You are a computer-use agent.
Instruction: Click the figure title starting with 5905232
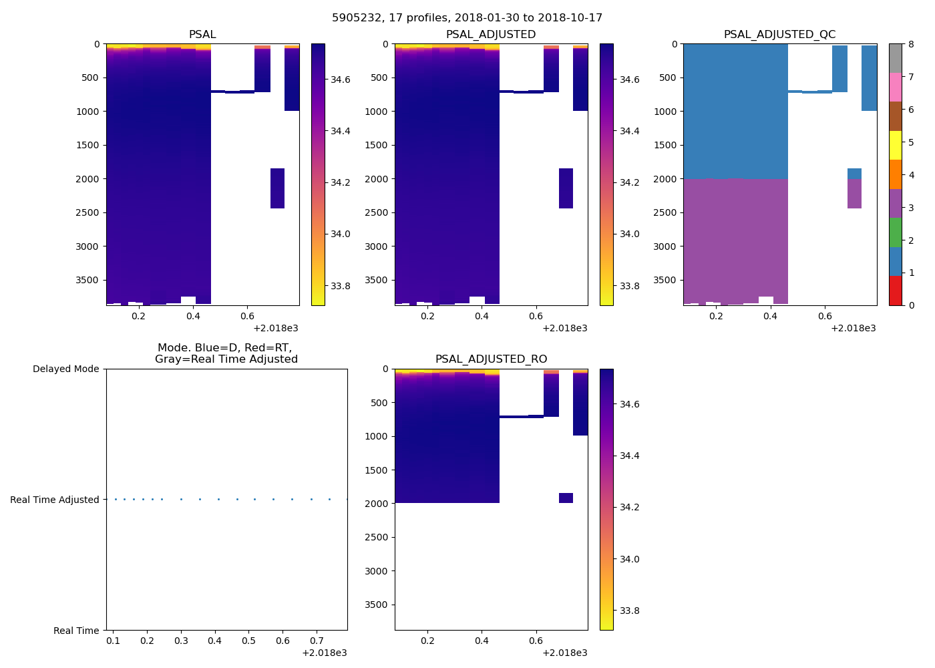[x=467, y=18]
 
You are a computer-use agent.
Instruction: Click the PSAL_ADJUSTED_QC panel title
[x=779, y=35]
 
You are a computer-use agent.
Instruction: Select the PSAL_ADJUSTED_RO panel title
[x=491, y=359]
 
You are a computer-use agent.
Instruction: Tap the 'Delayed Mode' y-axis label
[x=65, y=369]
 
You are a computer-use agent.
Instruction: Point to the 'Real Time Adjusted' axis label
[x=55, y=500]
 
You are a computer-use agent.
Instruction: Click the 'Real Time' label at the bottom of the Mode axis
[x=76, y=631]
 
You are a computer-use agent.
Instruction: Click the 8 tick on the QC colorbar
[x=910, y=44]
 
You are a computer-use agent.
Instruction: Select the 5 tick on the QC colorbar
[x=910, y=142]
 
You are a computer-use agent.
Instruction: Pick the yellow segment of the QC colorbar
[x=896, y=145]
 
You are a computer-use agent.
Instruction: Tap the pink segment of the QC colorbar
[x=896, y=88]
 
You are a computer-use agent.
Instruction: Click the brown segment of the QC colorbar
[x=896, y=116]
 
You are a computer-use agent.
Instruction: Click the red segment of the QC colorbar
[x=896, y=291]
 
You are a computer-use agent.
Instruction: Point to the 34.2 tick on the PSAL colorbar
[x=341, y=182]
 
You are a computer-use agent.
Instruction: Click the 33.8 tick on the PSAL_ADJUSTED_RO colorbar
[x=629, y=611]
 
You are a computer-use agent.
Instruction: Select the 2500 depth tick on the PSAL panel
[x=89, y=212]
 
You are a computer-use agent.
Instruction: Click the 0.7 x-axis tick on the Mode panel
[x=317, y=641]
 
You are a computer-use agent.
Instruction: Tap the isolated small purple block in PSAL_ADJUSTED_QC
[x=854, y=194]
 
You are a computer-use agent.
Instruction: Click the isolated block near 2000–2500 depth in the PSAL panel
[x=277, y=188]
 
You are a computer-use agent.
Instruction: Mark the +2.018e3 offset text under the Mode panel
[x=324, y=653]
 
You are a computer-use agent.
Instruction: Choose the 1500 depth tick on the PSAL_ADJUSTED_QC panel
[x=666, y=145]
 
